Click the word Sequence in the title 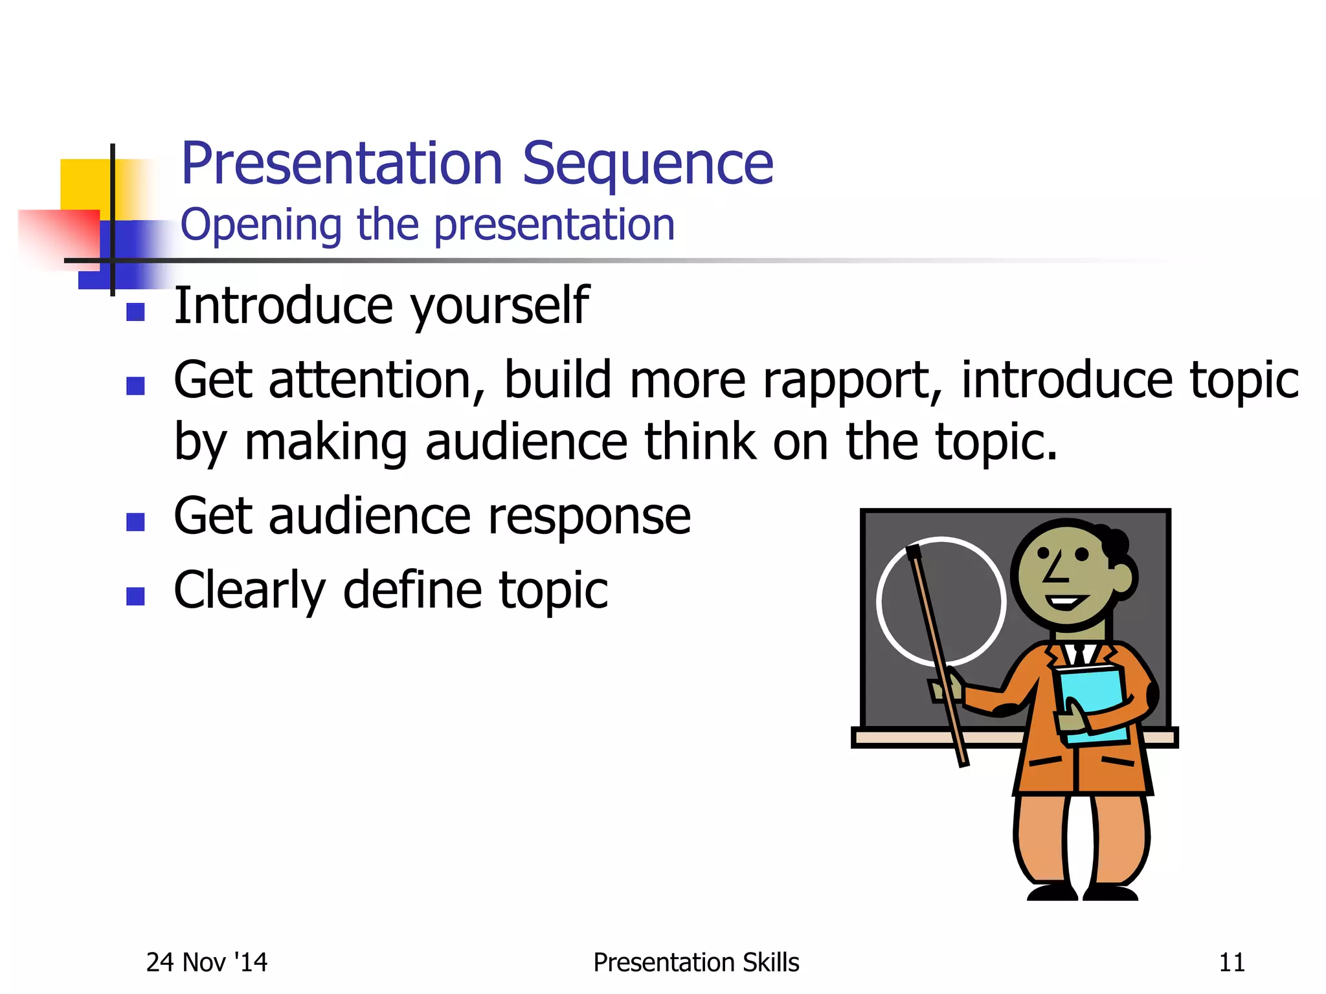pyautogui.click(x=647, y=164)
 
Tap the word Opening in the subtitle pyautogui.click(x=260, y=225)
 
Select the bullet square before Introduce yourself pyautogui.click(x=135, y=313)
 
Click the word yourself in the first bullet pyautogui.click(x=500, y=305)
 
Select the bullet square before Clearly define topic pyautogui.click(x=135, y=596)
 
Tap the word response pyautogui.click(x=589, y=517)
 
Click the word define pyautogui.click(x=412, y=590)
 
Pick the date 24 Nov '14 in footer pyautogui.click(x=207, y=962)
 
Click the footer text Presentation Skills pyautogui.click(x=696, y=962)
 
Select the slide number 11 pyautogui.click(x=1231, y=962)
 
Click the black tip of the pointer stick pyautogui.click(x=914, y=552)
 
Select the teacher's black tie pyautogui.click(x=1079, y=654)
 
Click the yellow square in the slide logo pyautogui.click(x=84, y=184)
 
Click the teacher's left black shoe pyautogui.click(x=1051, y=892)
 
